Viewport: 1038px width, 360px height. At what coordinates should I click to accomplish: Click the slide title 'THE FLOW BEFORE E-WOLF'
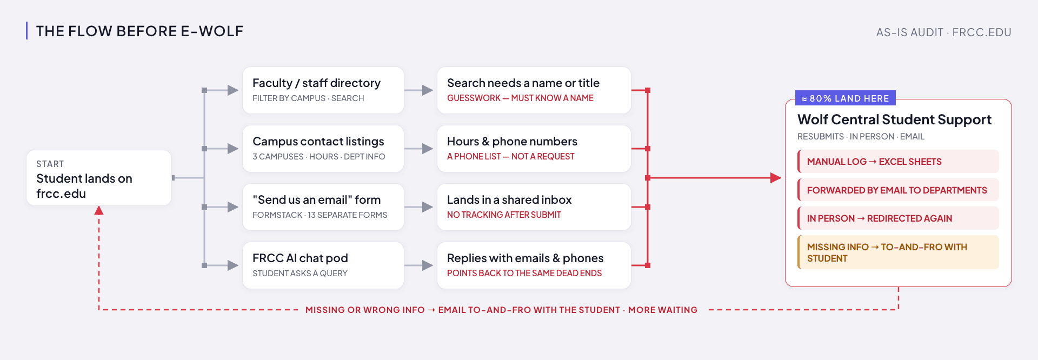pyautogui.click(x=139, y=31)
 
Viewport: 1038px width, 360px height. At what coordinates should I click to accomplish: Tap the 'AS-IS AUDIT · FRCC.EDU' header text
pyautogui.click(x=943, y=32)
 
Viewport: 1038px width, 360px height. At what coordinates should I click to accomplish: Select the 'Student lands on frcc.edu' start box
pyautogui.click(x=99, y=178)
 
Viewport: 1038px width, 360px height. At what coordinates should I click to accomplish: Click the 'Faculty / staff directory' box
pyautogui.click(x=323, y=90)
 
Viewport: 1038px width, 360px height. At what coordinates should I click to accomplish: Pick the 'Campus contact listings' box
pyautogui.click(x=323, y=149)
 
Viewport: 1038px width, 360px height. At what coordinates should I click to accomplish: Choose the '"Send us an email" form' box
pyautogui.click(x=323, y=207)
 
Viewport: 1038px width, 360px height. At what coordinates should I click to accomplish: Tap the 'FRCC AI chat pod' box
pyautogui.click(x=323, y=265)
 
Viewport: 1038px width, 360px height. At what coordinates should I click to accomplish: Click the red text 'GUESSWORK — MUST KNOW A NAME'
pyautogui.click(x=520, y=98)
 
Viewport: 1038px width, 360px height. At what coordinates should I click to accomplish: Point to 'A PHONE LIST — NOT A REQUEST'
pyautogui.click(x=510, y=157)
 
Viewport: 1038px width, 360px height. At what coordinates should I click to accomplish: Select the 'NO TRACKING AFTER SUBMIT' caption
pyautogui.click(x=504, y=215)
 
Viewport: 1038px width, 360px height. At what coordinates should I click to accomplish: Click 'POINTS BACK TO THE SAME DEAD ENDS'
pyautogui.click(x=524, y=274)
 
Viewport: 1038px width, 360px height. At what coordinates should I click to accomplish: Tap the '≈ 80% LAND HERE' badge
pyautogui.click(x=846, y=98)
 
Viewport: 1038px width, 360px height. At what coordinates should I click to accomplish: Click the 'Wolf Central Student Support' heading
pyautogui.click(x=894, y=119)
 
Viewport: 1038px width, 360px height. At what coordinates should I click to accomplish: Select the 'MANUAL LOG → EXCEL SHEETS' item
pyautogui.click(x=898, y=162)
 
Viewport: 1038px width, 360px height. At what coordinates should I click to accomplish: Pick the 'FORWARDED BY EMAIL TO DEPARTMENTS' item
pyautogui.click(x=898, y=190)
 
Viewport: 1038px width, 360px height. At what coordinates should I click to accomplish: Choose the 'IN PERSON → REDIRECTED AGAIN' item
pyautogui.click(x=898, y=218)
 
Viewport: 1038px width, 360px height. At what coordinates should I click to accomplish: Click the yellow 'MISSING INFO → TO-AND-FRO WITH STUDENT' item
pyautogui.click(x=898, y=252)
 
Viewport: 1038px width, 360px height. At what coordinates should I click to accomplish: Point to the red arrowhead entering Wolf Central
pyautogui.click(x=776, y=178)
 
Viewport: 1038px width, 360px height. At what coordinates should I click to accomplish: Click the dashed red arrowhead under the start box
pyautogui.click(x=99, y=210)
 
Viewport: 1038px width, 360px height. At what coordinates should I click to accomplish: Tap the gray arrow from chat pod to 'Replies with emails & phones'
pyautogui.click(x=418, y=265)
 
